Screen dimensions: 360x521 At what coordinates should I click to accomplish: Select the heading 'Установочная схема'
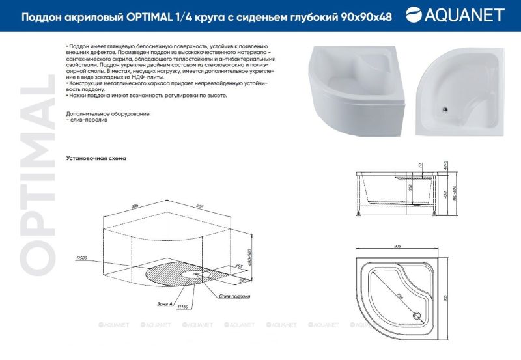pos(96,158)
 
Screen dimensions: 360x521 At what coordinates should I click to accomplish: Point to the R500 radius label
pos(81,258)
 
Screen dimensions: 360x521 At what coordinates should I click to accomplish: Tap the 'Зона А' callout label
pos(165,304)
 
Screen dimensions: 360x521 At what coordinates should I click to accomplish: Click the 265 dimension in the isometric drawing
pos(239,266)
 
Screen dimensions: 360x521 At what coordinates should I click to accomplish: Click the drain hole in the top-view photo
pos(445,110)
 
